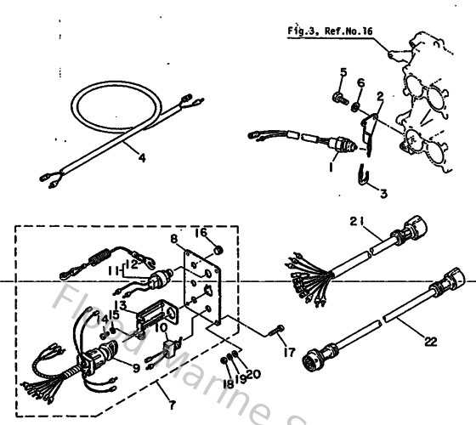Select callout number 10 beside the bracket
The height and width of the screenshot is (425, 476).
pyautogui.click(x=159, y=326)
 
